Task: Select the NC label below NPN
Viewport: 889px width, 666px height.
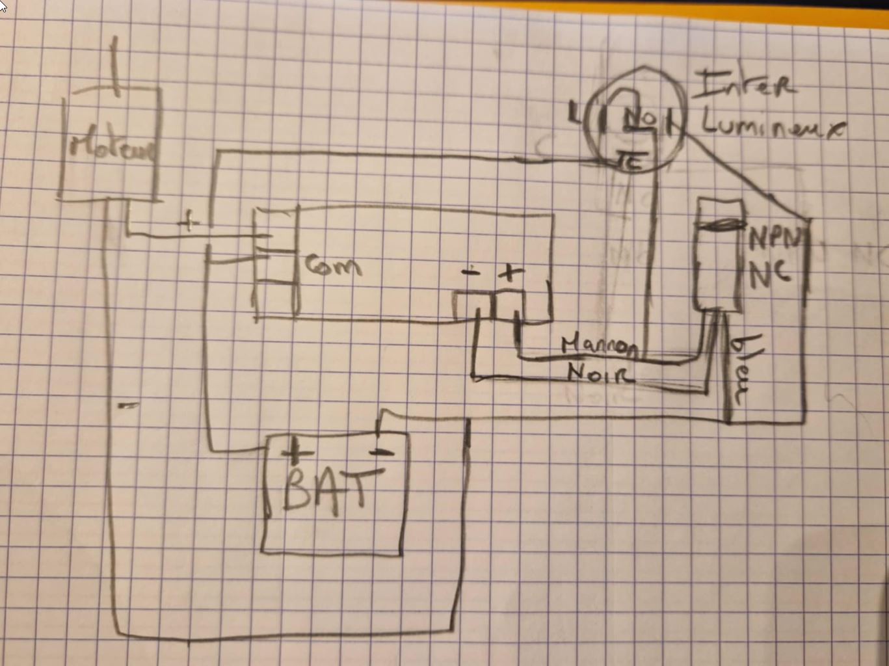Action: point(771,274)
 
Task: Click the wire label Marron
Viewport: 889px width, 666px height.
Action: point(599,345)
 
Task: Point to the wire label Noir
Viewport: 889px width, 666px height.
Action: point(600,373)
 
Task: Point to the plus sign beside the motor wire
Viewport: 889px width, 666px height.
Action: point(189,223)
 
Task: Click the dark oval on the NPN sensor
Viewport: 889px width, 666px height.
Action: point(720,225)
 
